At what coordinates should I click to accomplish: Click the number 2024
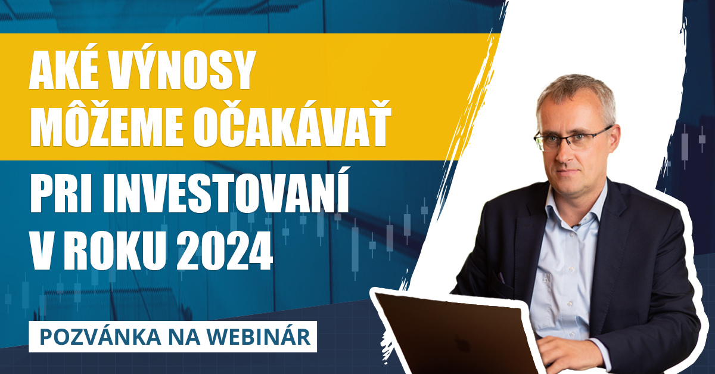225,252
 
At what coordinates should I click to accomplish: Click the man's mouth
570,172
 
